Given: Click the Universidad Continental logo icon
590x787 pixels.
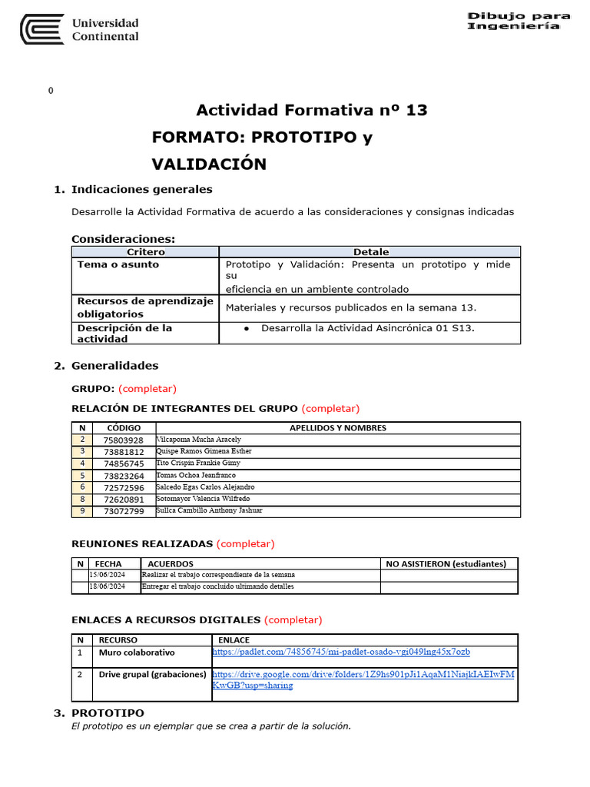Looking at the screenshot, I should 42,30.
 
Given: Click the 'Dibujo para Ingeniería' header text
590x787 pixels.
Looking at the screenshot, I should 519,21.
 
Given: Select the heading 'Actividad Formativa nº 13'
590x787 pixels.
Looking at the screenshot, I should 312,111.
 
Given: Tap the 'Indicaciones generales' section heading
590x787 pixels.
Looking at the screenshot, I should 141,190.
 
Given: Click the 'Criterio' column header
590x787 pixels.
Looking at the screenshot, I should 145,252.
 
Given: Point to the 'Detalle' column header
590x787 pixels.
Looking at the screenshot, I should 370,252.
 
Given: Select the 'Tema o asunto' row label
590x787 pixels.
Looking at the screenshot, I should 118,264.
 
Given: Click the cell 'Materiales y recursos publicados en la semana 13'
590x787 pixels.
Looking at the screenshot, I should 351,307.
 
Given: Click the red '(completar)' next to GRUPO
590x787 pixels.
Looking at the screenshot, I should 147,389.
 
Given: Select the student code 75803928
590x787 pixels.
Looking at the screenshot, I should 123,440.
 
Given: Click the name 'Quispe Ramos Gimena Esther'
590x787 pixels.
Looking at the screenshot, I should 204,451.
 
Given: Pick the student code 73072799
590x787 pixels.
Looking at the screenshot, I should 123,511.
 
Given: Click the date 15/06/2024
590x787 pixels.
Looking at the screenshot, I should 108,575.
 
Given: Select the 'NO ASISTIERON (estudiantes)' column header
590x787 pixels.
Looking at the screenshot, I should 446,564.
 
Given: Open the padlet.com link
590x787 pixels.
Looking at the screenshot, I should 341,653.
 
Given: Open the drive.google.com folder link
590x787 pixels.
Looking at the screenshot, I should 363,679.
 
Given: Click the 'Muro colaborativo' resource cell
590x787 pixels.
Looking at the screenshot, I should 137,653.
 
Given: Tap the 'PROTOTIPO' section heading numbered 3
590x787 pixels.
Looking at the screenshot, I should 108,713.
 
